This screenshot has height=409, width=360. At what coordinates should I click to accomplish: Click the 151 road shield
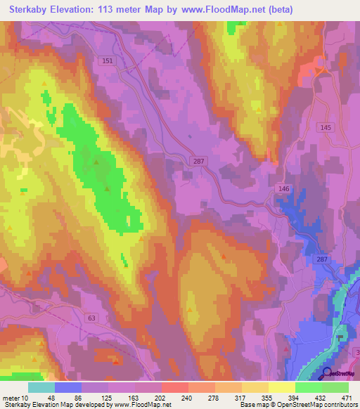(x=106, y=61)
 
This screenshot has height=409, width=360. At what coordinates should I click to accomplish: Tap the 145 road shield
(x=325, y=127)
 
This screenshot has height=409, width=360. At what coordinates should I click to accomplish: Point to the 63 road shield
(x=92, y=318)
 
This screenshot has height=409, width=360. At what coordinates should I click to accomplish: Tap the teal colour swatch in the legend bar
(x=41, y=387)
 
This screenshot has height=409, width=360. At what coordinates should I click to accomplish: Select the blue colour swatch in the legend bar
(x=67, y=387)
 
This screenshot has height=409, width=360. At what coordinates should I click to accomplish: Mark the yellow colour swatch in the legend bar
(x=281, y=387)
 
